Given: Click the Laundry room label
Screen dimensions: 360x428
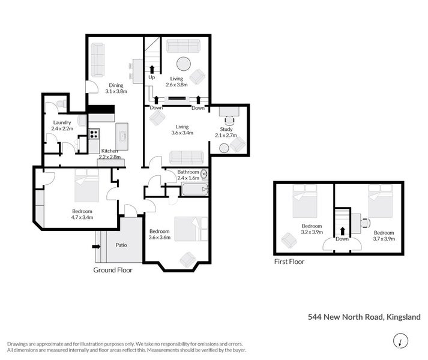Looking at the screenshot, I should click(x=62, y=122).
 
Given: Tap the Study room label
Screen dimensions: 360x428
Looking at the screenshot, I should click(x=226, y=129).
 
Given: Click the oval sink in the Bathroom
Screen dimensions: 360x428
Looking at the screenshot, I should click(x=203, y=175).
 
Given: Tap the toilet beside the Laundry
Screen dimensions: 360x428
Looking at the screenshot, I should click(x=59, y=104).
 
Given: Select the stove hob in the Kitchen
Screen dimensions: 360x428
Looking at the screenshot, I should click(x=94, y=134).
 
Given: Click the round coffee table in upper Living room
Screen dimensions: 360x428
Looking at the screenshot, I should click(x=183, y=64).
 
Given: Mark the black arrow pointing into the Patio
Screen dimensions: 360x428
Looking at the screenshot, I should click(x=97, y=246).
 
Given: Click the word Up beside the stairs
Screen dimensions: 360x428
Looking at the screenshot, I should click(x=151, y=77).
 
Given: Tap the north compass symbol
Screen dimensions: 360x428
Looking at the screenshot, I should click(x=398, y=341).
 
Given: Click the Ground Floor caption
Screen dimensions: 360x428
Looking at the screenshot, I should click(x=112, y=270).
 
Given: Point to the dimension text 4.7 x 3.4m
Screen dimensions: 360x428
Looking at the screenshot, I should click(x=82, y=218).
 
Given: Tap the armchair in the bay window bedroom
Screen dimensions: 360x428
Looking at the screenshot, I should click(x=188, y=259).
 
